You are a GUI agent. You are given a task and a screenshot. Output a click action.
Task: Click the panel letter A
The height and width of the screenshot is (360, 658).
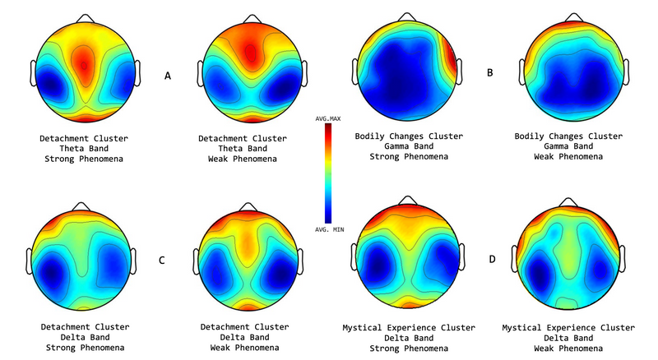click(x=168, y=76)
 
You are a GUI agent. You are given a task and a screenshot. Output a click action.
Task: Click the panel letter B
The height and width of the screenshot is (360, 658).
click(x=490, y=73)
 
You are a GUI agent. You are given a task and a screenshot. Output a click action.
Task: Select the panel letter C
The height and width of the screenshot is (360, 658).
click(x=162, y=261)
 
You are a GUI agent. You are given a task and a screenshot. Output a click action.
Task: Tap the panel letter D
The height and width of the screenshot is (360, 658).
click(x=490, y=261)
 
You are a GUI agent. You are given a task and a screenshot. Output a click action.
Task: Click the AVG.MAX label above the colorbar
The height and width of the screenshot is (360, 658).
click(x=329, y=119)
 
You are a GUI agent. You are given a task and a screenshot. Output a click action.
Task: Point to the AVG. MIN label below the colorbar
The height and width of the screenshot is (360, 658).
click(x=329, y=230)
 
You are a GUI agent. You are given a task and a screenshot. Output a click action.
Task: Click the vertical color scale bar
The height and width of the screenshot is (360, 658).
click(x=329, y=174)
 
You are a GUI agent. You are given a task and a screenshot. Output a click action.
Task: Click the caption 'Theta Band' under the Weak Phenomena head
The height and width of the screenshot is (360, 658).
click(x=244, y=148)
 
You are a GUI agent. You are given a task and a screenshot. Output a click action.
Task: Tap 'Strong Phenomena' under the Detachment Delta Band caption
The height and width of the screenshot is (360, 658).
click(x=82, y=348)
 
